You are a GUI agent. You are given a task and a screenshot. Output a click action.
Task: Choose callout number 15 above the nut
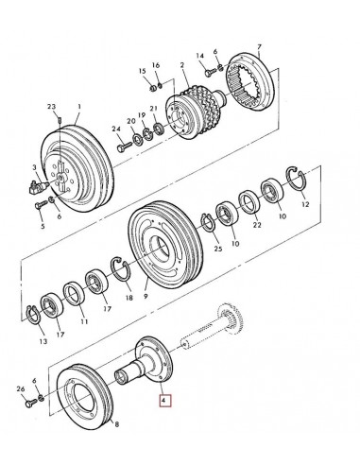(x=142, y=72)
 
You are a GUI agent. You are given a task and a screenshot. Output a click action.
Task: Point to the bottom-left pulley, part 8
(x=85, y=401)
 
